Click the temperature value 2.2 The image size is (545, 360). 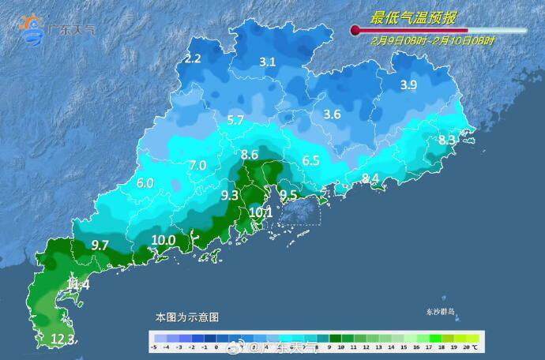coord(193,58)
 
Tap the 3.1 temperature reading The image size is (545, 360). coord(268,62)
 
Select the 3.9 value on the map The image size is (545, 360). coord(408,85)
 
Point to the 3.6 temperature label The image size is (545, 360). coord(332,114)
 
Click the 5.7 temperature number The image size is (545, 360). coord(235,121)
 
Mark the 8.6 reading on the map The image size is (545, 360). coord(250,154)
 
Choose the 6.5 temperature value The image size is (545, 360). coord(310,160)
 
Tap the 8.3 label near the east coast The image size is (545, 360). coord(447,141)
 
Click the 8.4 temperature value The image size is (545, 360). coord(370,178)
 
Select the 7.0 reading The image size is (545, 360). coord(197,165)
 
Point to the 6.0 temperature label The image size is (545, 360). coord(145,182)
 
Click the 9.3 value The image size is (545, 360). coord(230,194)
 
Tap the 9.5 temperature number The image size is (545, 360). coord(288,195)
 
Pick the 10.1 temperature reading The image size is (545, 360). coord(261,212)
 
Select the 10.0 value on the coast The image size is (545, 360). coord(163,240)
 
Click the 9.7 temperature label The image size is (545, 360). coord(100,246)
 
